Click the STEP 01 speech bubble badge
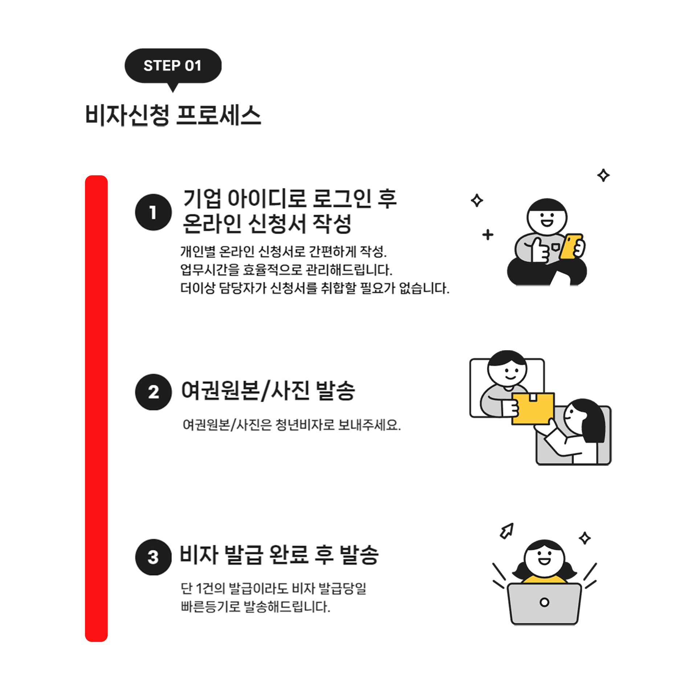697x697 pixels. [173, 66]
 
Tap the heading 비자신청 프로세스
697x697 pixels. [173, 115]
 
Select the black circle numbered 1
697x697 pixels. [153, 212]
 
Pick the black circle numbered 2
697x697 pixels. [153, 392]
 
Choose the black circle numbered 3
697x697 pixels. [153, 557]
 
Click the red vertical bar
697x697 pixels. [96, 409]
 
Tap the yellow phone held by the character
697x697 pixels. [571, 246]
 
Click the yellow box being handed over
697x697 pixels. [533, 408]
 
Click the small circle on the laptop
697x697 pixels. [544, 603]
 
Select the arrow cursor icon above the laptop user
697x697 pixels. [507, 531]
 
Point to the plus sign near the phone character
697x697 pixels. [488, 235]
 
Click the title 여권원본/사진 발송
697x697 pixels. [268, 391]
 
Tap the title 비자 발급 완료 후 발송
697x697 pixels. [279, 555]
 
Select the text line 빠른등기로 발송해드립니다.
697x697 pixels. [256, 607]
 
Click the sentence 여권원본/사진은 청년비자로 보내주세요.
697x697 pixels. [292, 424]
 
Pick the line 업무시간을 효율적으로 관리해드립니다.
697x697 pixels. [286, 270]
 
